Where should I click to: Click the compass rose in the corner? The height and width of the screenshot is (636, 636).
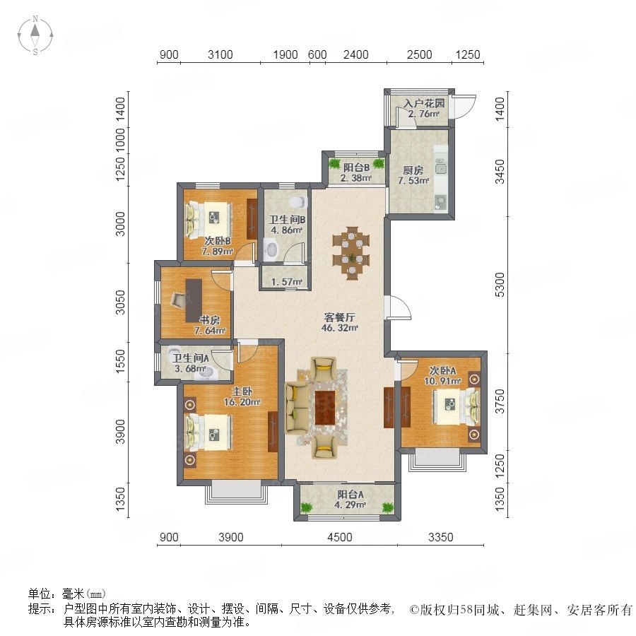tap(35, 35)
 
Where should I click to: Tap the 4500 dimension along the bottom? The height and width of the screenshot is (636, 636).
tap(339, 537)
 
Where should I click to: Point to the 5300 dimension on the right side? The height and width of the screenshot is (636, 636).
tap(500, 284)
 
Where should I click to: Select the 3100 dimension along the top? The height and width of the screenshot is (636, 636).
tap(220, 54)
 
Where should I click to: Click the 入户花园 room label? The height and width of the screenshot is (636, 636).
tap(424, 103)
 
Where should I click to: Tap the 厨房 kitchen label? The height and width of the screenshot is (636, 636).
tap(413, 170)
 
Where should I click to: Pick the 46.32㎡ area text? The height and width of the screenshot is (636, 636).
tap(339, 328)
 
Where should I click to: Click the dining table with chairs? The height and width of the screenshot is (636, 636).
tap(352, 253)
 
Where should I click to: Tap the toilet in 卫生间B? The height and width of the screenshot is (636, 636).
tap(298, 201)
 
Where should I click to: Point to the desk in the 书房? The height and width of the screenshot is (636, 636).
tap(194, 300)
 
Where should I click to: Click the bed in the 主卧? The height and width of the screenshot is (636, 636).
tap(209, 432)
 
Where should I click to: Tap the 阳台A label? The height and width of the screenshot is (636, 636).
tap(351, 495)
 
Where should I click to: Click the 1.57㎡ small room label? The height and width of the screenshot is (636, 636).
tap(287, 281)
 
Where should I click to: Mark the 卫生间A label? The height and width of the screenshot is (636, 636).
tap(190, 358)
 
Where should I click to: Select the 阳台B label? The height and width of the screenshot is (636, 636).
tap(356, 167)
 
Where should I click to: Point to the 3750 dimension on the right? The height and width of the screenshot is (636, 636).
tap(500, 401)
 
